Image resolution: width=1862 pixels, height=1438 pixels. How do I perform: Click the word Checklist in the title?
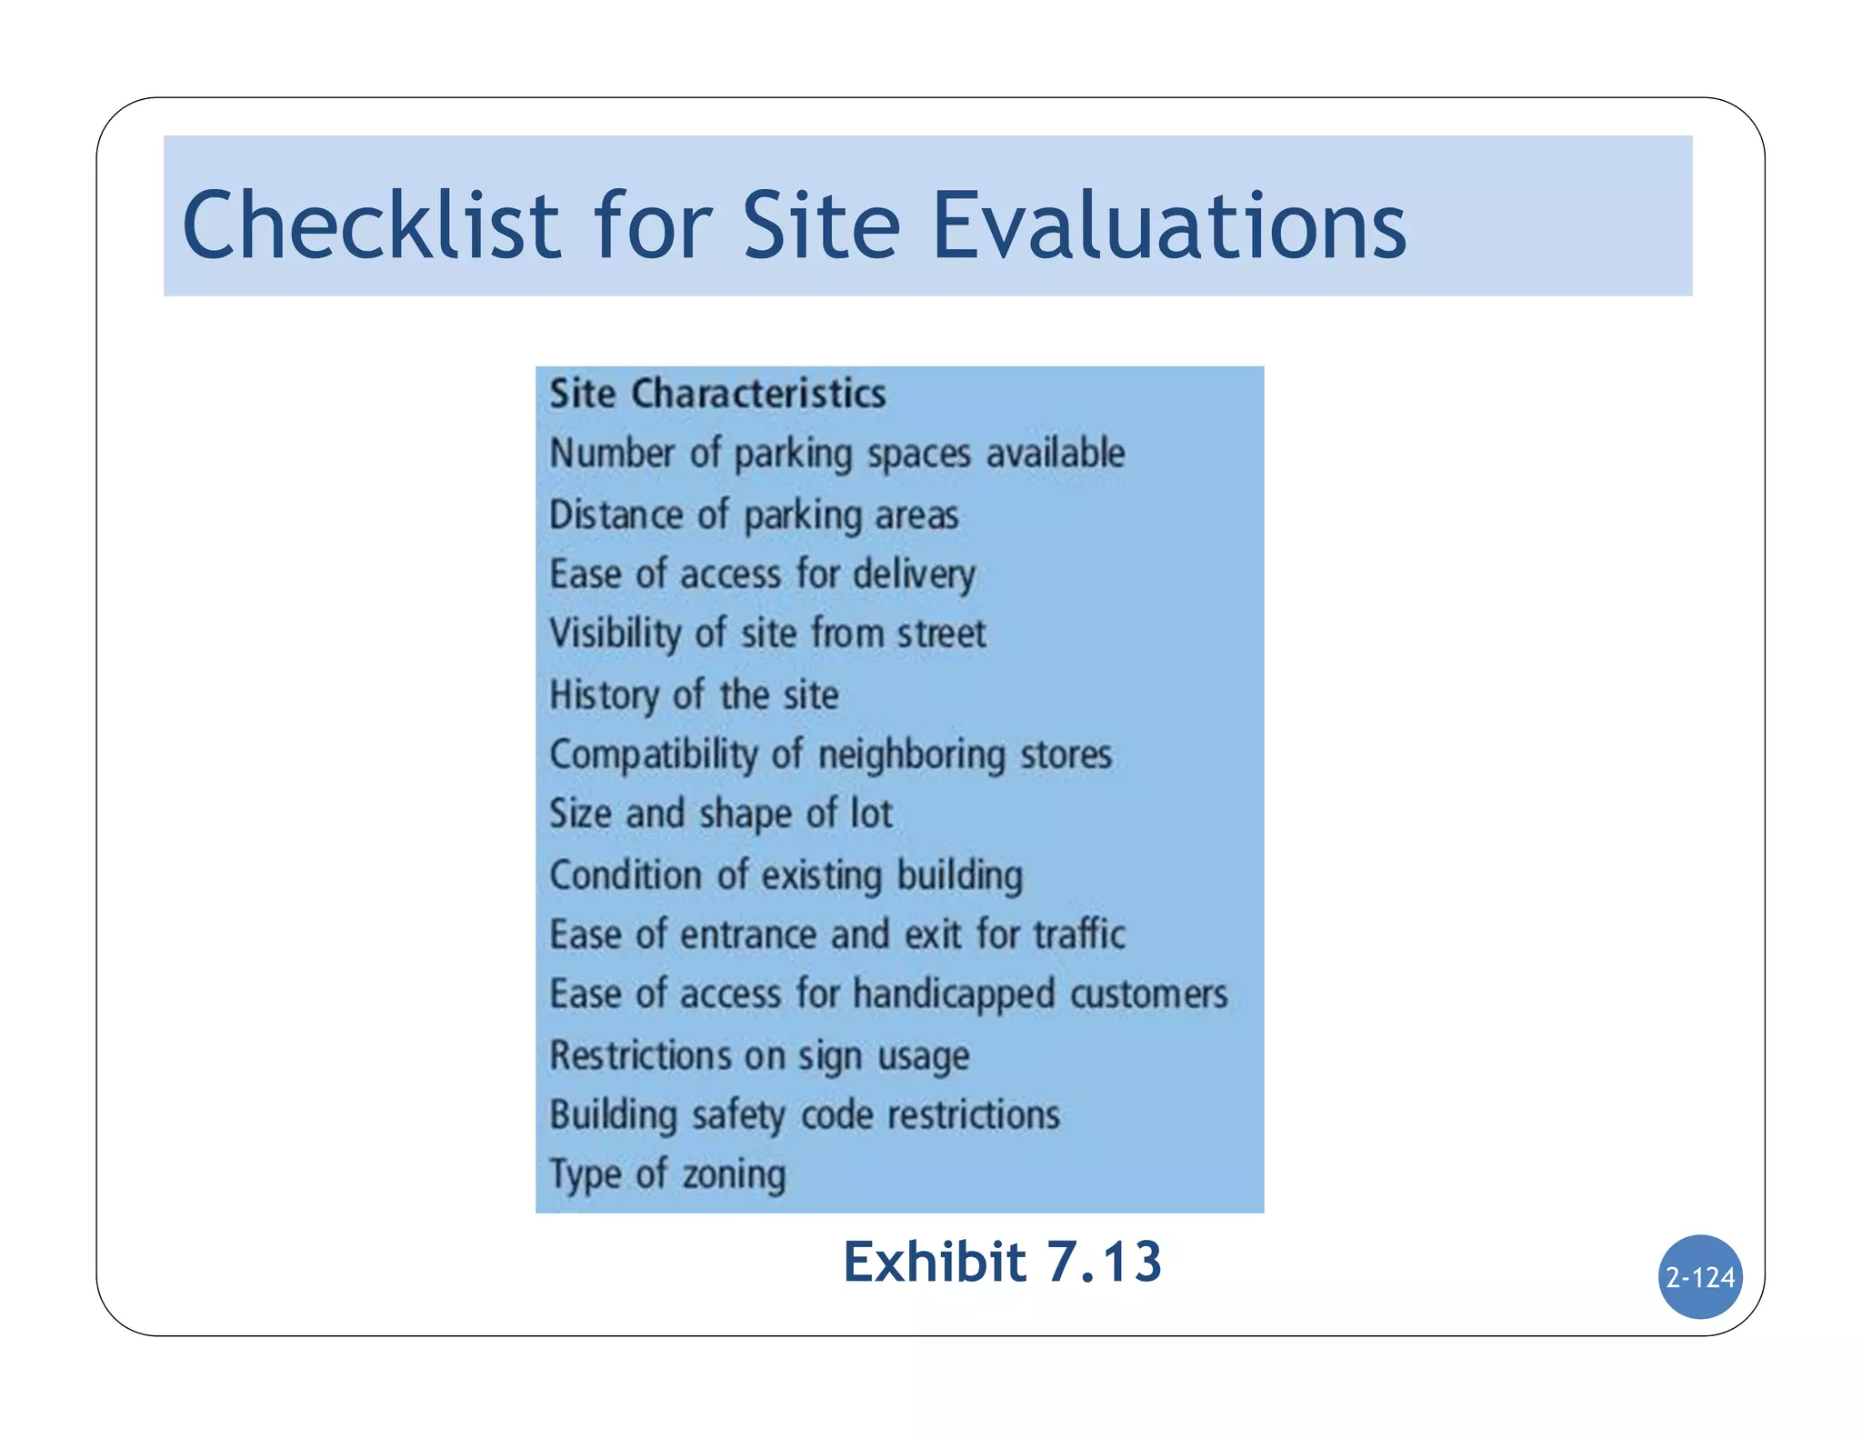pos(371,225)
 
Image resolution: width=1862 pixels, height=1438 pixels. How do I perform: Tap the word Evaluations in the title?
pos(1170,225)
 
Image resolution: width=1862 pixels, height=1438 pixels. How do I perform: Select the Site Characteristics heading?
pos(717,394)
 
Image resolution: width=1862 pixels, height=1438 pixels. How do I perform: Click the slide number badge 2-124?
pos(1699,1277)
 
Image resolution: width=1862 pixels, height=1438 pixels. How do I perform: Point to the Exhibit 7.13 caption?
pos(1002,1262)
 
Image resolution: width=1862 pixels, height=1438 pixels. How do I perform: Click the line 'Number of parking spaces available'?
pos(836,454)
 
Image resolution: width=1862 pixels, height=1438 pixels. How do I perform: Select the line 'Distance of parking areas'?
pos(754,515)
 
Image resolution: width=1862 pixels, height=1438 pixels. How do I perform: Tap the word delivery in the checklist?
pos(914,574)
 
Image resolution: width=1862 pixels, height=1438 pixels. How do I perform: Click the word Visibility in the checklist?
pos(615,634)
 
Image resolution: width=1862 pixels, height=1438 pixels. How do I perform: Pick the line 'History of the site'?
pos(694,695)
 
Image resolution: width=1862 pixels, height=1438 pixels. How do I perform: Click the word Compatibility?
pos(654,755)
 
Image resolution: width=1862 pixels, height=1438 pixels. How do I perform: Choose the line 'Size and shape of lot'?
pos(721,814)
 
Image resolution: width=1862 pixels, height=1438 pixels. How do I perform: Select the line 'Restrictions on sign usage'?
pos(759,1056)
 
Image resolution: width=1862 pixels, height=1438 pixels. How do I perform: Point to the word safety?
pos(737,1115)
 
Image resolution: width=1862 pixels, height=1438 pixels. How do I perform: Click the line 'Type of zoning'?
pos(667,1174)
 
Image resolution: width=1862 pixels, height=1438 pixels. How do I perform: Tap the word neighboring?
pos(912,755)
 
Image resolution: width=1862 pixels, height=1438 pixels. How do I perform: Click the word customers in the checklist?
pos(1148,994)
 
